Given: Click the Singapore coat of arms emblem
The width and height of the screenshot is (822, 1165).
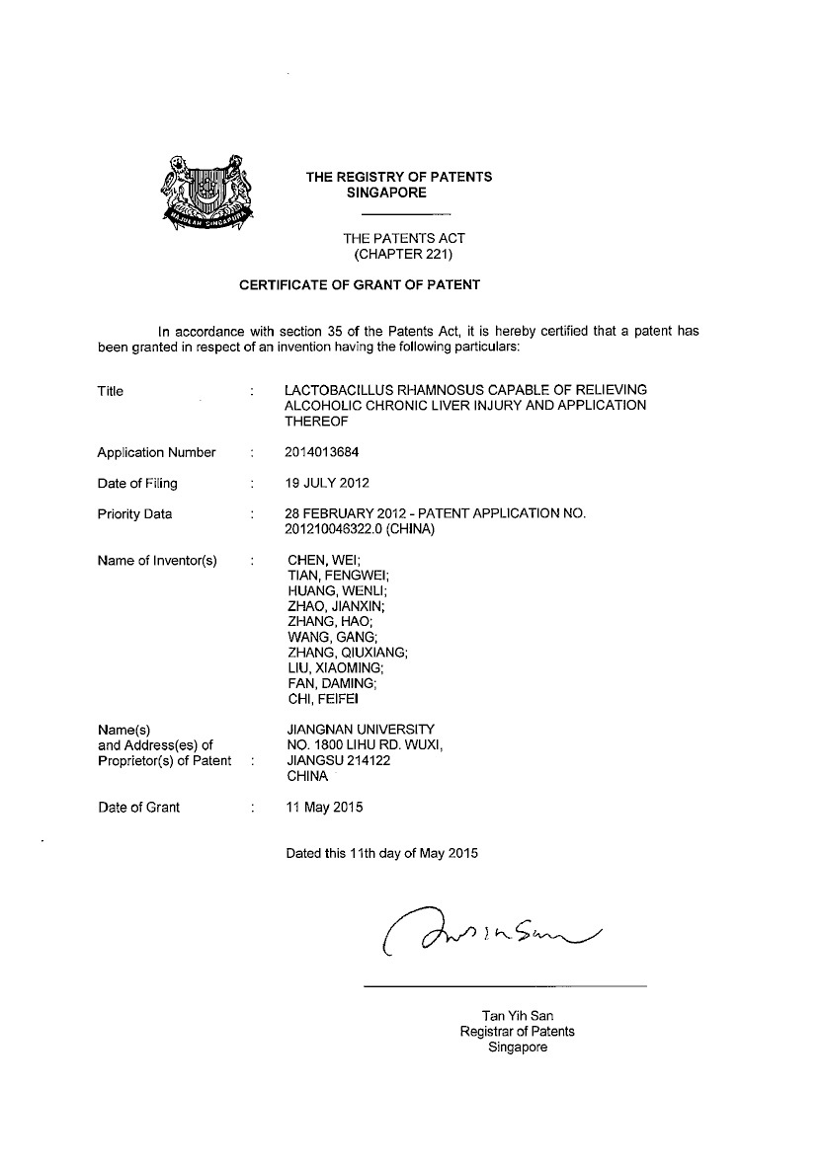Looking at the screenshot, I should (207, 191).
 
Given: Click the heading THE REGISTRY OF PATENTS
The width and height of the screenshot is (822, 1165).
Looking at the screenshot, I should (398, 178).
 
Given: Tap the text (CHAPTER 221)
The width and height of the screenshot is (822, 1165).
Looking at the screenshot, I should (403, 254).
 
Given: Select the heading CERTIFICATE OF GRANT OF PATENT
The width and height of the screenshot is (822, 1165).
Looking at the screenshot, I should (360, 285).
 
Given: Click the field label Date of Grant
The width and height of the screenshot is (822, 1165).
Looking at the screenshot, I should (138, 808).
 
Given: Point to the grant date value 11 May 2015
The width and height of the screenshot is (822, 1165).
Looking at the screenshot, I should (324, 808).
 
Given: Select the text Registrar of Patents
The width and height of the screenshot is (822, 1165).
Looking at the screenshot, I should (518, 1032).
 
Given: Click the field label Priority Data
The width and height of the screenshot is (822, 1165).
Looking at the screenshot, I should (134, 514).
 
